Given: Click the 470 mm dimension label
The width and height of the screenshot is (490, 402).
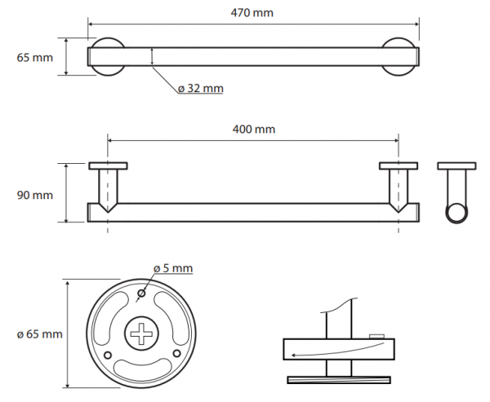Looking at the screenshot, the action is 252,13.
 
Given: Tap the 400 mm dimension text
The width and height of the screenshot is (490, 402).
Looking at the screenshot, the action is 254,129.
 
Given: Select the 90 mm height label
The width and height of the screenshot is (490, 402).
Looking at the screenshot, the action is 34,196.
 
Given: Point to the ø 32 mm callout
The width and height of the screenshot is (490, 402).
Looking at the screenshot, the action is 201,89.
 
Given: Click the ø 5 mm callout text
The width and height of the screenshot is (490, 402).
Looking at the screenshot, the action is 173,268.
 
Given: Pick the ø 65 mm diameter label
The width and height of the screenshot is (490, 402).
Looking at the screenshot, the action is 40,334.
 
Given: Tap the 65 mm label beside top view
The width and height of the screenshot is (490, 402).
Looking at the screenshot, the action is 34,58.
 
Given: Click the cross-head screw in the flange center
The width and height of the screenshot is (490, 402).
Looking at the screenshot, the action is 141,334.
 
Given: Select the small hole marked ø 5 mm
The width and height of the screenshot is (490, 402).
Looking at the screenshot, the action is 141,294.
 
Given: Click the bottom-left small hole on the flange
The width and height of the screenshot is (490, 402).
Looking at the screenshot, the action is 107,356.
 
